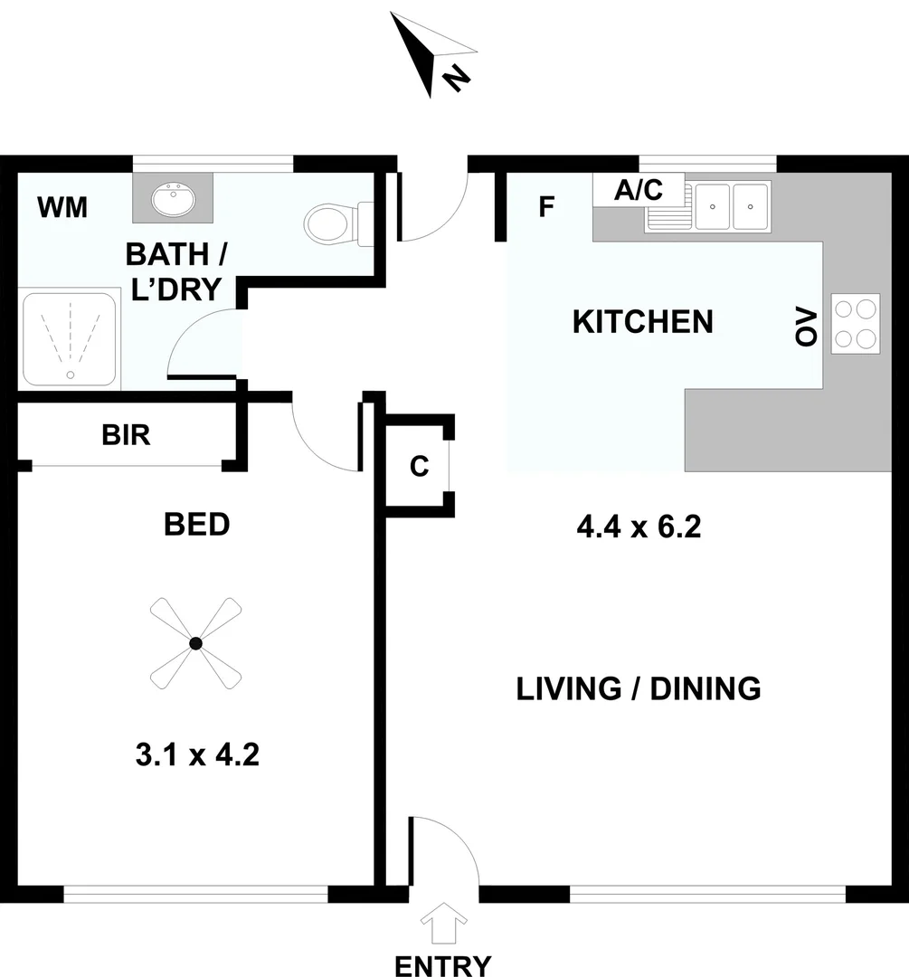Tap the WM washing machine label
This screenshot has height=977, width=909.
click(62, 207)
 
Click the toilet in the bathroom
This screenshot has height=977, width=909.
click(334, 223)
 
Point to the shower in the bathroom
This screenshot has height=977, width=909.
click(70, 338)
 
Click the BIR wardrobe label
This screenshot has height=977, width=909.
click(126, 435)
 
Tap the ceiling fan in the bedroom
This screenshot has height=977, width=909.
click(195, 643)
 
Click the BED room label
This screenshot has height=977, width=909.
click(196, 524)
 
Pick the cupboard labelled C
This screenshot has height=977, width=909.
click(419, 467)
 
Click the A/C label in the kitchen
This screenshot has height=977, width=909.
click(638, 190)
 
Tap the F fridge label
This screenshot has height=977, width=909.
click(545, 207)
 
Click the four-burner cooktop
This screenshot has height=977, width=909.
click(855, 323)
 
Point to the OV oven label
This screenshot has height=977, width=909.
click(805, 324)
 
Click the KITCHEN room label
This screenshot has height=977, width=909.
click(643, 321)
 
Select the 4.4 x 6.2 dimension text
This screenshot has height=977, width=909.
click(639, 526)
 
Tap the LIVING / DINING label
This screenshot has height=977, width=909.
click(639, 688)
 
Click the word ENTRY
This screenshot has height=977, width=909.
click(444, 965)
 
